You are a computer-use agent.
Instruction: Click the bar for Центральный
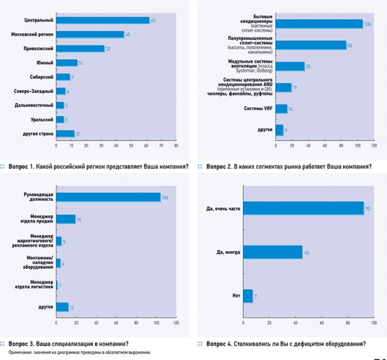[x=103, y=20]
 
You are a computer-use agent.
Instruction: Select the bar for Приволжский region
[x=80, y=48]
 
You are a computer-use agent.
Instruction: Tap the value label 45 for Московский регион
[x=128, y=34]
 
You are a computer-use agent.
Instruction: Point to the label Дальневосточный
[x=34, y=105]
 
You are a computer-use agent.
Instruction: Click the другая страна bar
[x=65, y=133]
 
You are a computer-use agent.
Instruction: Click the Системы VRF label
[x=257, y=109]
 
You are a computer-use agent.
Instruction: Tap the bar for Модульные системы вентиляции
[x=290, y=66]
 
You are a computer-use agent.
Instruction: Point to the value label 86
[x=351, y=45]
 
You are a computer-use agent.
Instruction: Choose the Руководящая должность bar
[x=108, y=197]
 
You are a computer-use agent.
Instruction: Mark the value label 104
[x=165, y=197]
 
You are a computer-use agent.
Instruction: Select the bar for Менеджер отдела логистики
[x=57, y=285]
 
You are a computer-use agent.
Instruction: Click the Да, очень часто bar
[x=303, y=208]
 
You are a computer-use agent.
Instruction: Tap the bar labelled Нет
[x=248, y=296]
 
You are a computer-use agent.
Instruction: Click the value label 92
[x=368, y=208]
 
